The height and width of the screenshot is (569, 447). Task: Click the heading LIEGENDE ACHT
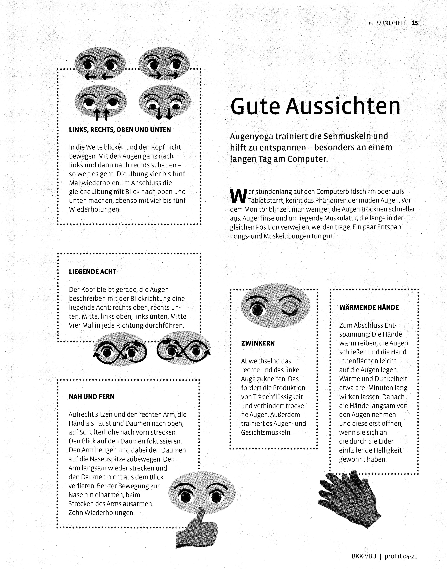(92, 272)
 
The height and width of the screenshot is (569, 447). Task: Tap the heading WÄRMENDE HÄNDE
(369, 307)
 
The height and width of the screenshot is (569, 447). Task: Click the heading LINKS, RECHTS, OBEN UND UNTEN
(120, 130)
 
